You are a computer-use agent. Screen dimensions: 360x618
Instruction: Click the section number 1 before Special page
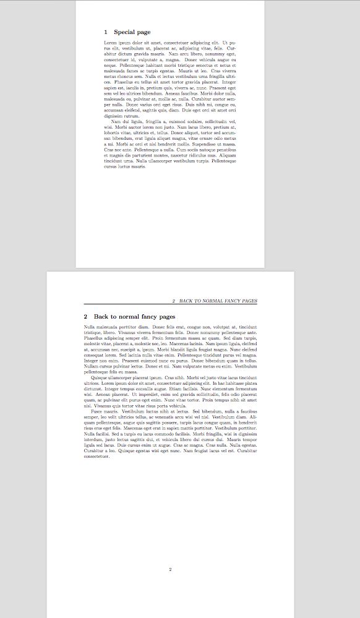[106, 32]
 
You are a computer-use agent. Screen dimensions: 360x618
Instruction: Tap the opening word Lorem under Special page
[110, 42]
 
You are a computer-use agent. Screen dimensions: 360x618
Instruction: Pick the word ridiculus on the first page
[207, 154]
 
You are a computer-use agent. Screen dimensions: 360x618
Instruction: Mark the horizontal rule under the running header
[170, 305]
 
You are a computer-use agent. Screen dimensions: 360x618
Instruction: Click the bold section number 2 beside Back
[86, 317]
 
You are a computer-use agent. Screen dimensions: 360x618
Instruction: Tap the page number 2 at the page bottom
[170, 569]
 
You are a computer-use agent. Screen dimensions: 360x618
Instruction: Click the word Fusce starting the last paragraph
[96, 411]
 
